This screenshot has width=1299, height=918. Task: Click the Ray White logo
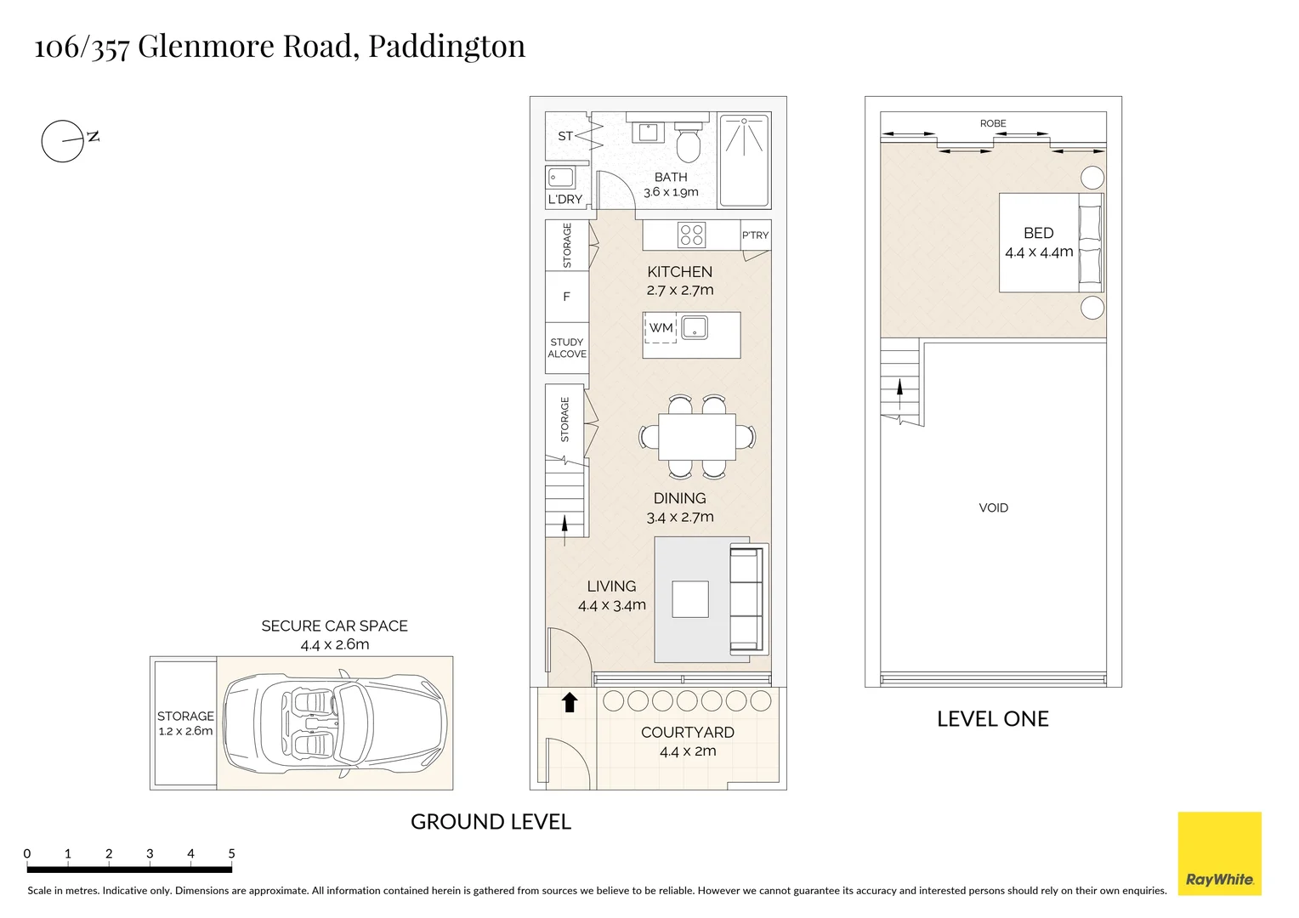click(1219, 853)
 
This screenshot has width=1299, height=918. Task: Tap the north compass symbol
click(64, 141)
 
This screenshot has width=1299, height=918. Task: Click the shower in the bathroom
click(745, 160)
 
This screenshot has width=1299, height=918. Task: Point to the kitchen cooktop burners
click(692, 235)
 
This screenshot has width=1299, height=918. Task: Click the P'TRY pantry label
click(755, 235)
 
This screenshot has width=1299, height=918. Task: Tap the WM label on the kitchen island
click(661, 327)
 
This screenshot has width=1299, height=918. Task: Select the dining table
click(697, 436)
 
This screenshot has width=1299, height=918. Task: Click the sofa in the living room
click(747, 600)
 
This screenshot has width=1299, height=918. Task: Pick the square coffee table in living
click(690, 599)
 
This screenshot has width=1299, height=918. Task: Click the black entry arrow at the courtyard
click(570, 702)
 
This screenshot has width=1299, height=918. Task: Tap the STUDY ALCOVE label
click(567, 348)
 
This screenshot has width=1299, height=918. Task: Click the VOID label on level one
click(993, 508)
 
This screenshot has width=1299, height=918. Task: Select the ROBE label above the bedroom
click(993, 124)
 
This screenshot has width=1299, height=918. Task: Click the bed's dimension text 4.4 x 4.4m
click(1039, 252)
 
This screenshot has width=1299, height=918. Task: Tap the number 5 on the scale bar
click(231, 853)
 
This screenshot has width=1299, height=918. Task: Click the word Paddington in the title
click(446, 46)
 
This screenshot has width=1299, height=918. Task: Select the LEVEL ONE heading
click(992, 719)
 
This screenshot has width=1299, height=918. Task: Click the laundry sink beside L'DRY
click(560, 178)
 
